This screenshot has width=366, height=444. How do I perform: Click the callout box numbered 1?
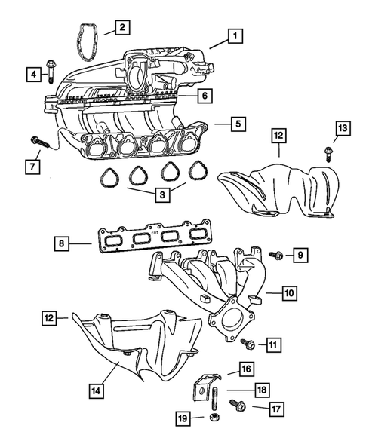[x=237, y=35]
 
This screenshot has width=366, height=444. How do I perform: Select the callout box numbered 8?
[x=64, y=243]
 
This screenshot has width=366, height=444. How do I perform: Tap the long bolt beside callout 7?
[x=44, y=142]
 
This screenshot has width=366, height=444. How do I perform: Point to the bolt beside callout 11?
[x=247, y=344]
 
